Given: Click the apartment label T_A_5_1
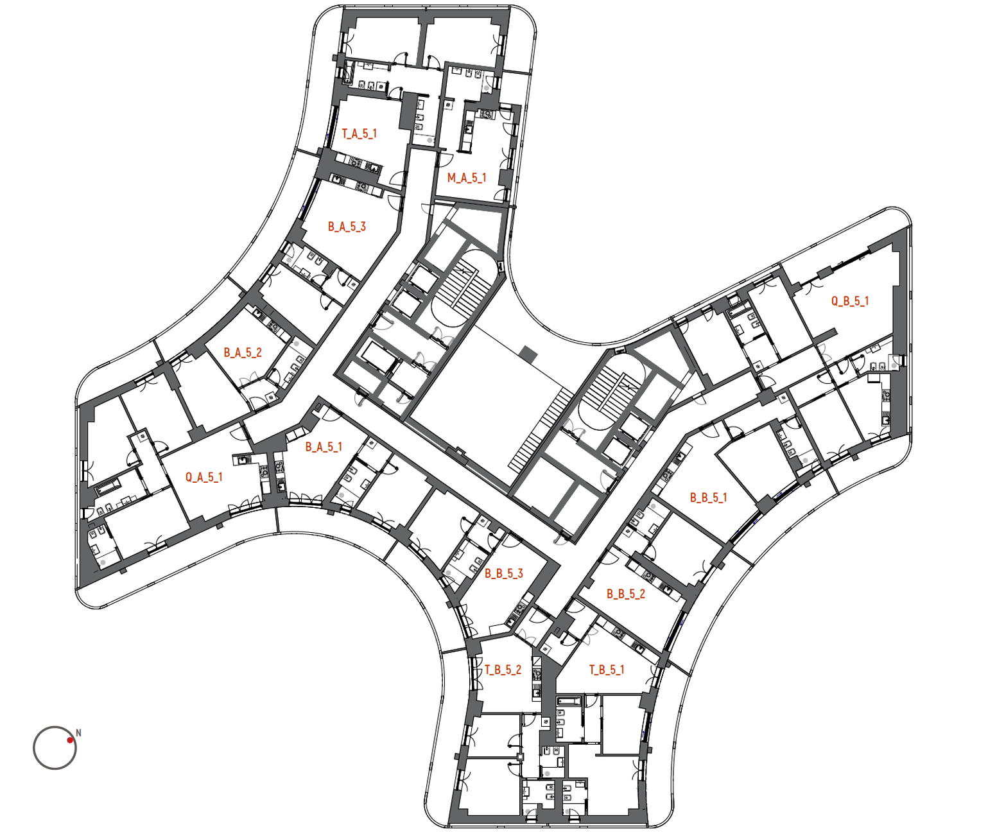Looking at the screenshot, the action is pyautogui.click(x=359, y=134).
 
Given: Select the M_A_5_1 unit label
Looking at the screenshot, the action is pyautogui.click(x=467, y=178).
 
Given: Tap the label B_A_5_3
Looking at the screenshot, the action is pyautogui.click(x=347, y=227).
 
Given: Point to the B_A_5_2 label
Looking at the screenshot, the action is pyautogui.click(x=242, y=352).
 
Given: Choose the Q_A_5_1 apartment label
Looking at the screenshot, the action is pyautogui.click(x=204, y=477).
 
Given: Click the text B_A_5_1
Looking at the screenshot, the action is pyautogui.click(x=323, y=447).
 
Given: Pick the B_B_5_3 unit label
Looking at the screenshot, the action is pyautogui.click(x=503, y=573).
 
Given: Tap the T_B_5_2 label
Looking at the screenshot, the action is pyautogui.click(x=503, y=670).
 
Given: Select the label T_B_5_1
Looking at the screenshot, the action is pyautogui.click(x=606, y=670).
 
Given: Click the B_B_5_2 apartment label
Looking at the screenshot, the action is pyautogui.click(x=625, y=594).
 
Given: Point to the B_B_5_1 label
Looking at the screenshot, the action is pyautogui.click(x=708, y=498).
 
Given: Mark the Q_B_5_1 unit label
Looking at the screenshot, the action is pyautogui.click(x=850, y=301).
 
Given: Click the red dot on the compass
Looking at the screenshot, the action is pyautogui.click(x=70, y=740).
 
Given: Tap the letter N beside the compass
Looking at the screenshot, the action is pyautogui.click(x=78, y=733).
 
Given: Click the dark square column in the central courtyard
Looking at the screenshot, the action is pyautogui.click(x=528, y=354).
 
